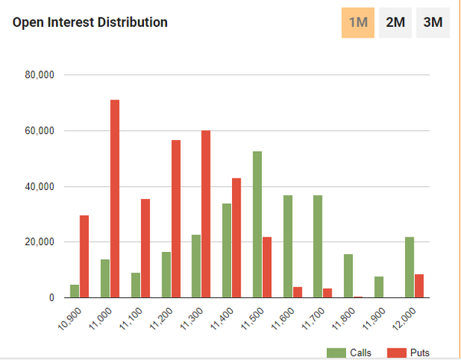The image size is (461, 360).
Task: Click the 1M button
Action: [x=358, y=22]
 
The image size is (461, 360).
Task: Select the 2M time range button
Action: [x=395, y=22]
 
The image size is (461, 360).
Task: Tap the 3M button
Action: [x=433, y=22]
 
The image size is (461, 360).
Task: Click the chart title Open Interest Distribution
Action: [x=90, y=22]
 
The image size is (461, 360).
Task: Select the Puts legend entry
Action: [x=408, y=352]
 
